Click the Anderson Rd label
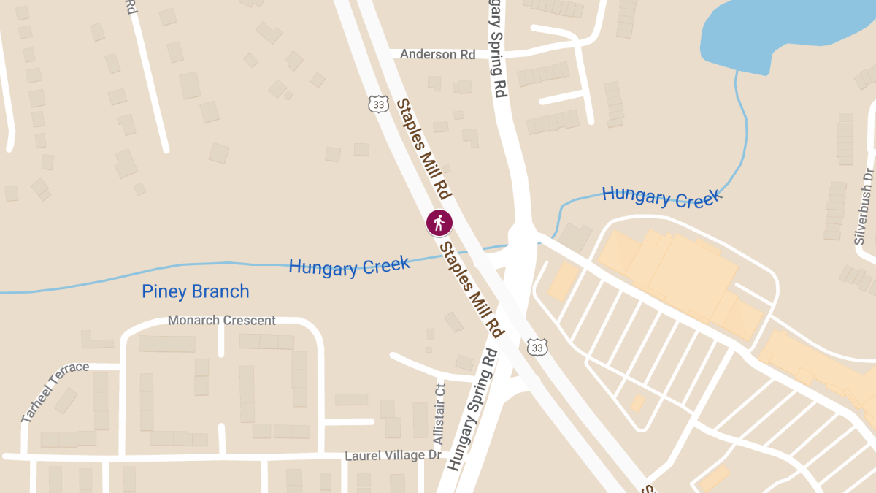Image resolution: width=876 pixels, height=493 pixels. (x=437, y=55)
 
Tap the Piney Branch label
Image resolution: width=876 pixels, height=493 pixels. (x=196, y=292)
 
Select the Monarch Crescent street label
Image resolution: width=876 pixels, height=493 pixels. (x=222, y=321)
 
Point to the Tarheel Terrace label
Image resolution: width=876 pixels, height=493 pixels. (x=55, y=391)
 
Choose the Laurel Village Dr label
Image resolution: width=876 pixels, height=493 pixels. (x=393, y=456)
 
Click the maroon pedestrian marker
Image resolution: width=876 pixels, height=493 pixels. (x=439, y=222)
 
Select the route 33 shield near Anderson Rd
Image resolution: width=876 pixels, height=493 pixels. (x=377, y=104)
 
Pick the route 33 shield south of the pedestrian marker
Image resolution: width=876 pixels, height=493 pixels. (x=537, y=348)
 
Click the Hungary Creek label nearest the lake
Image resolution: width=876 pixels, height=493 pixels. (x=661, y=196)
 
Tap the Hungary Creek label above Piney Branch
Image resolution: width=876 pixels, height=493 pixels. (x=349, y=265)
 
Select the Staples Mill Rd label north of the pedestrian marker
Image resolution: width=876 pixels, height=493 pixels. (x=423, y=149)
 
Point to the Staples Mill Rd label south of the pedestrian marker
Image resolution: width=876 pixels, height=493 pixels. (x=471, y=289)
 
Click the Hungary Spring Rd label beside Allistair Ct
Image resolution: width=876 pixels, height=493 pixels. (x=472, y=409)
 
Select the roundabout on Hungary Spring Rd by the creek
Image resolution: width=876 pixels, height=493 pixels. (x=523, y=235)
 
